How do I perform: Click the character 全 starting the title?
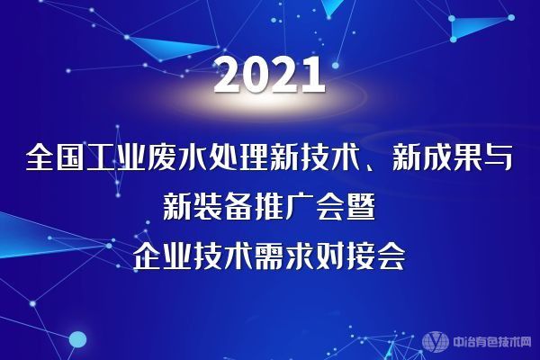(40, 158)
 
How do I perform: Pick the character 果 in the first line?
(467, 158)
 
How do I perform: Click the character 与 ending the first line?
(498, 158)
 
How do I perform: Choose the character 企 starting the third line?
(147, 257)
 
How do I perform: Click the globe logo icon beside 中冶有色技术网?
(436, 342)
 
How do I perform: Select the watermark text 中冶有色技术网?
(491, 342)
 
